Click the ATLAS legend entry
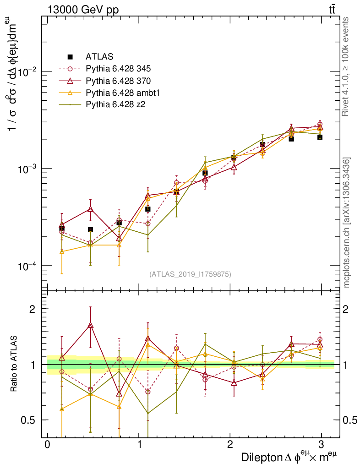tap(96, 57)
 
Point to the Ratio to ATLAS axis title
tap(15, 365)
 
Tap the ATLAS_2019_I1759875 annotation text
tap(190, 274)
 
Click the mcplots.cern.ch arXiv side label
tap(347, 223)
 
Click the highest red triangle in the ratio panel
tap(90, 325)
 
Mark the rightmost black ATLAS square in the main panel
tap(320, 137)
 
